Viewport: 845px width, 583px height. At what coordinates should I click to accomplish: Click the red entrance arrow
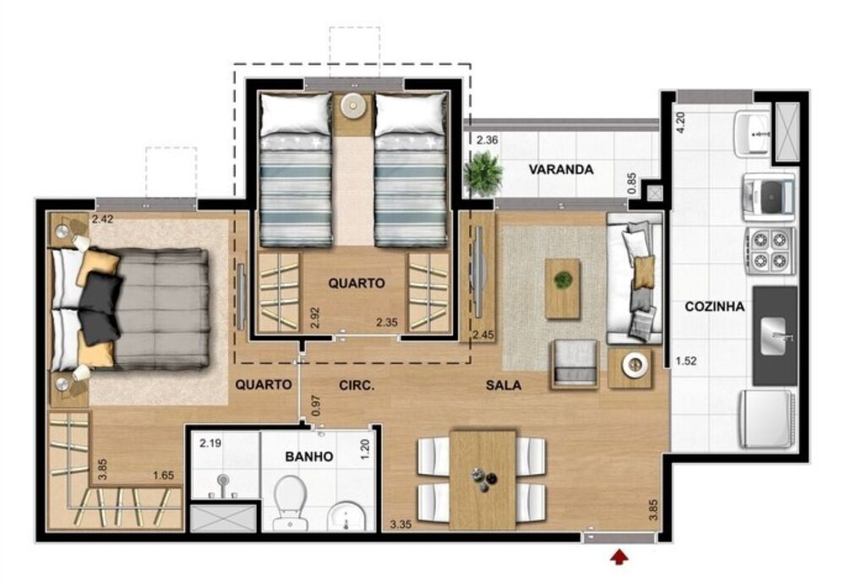coord(620,556)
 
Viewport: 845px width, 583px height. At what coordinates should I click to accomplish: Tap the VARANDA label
coord(561,169)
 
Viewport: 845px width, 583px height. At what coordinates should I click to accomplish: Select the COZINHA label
coord(714,307)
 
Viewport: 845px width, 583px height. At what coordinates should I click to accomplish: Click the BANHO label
coord(308,456)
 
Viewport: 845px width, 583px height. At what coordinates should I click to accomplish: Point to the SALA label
coord(503,385)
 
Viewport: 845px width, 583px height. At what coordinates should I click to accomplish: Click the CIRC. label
coord(357,385)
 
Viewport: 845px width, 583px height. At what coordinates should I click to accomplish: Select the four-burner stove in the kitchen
coord(769,251)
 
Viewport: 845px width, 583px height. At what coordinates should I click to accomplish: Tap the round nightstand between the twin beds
coord(352,108)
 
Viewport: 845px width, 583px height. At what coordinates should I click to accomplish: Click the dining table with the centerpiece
coord(482,478)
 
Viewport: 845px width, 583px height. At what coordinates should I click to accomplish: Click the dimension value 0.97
coord(316,406)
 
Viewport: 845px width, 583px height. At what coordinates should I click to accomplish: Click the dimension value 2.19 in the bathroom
coord(209,442)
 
